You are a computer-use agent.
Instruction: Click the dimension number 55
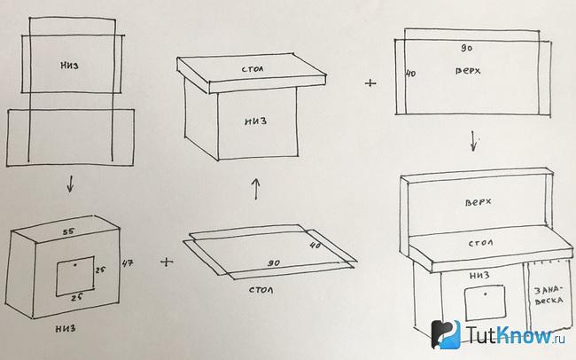[69, 231]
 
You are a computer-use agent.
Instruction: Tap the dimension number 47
[128, 263]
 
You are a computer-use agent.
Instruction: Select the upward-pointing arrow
[256, 189]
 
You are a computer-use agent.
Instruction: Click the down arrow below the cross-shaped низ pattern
[70, 184]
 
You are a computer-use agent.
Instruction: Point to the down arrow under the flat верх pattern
[474, 142]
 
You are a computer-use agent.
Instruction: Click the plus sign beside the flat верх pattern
[370, 83]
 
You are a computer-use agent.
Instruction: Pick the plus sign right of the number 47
[167, 262]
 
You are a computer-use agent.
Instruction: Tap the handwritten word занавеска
[549, 295]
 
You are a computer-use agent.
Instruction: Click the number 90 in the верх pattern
[466, 48]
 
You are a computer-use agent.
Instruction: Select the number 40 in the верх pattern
[410, 74]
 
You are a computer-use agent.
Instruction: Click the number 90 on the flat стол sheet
[274, 263]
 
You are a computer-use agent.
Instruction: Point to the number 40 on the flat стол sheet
[315, 245]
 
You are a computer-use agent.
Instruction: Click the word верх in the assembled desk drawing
[478, 202]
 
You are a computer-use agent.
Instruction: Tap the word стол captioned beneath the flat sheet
[261, 290]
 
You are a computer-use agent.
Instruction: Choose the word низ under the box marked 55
[66, 328]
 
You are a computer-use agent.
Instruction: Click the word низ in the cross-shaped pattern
[69, 66]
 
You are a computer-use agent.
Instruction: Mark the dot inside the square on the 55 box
[75, 265]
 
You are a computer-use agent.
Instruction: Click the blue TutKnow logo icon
[446, 334]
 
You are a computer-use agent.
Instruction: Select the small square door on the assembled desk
[485, 304]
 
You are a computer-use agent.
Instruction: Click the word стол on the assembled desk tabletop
[480, 243]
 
